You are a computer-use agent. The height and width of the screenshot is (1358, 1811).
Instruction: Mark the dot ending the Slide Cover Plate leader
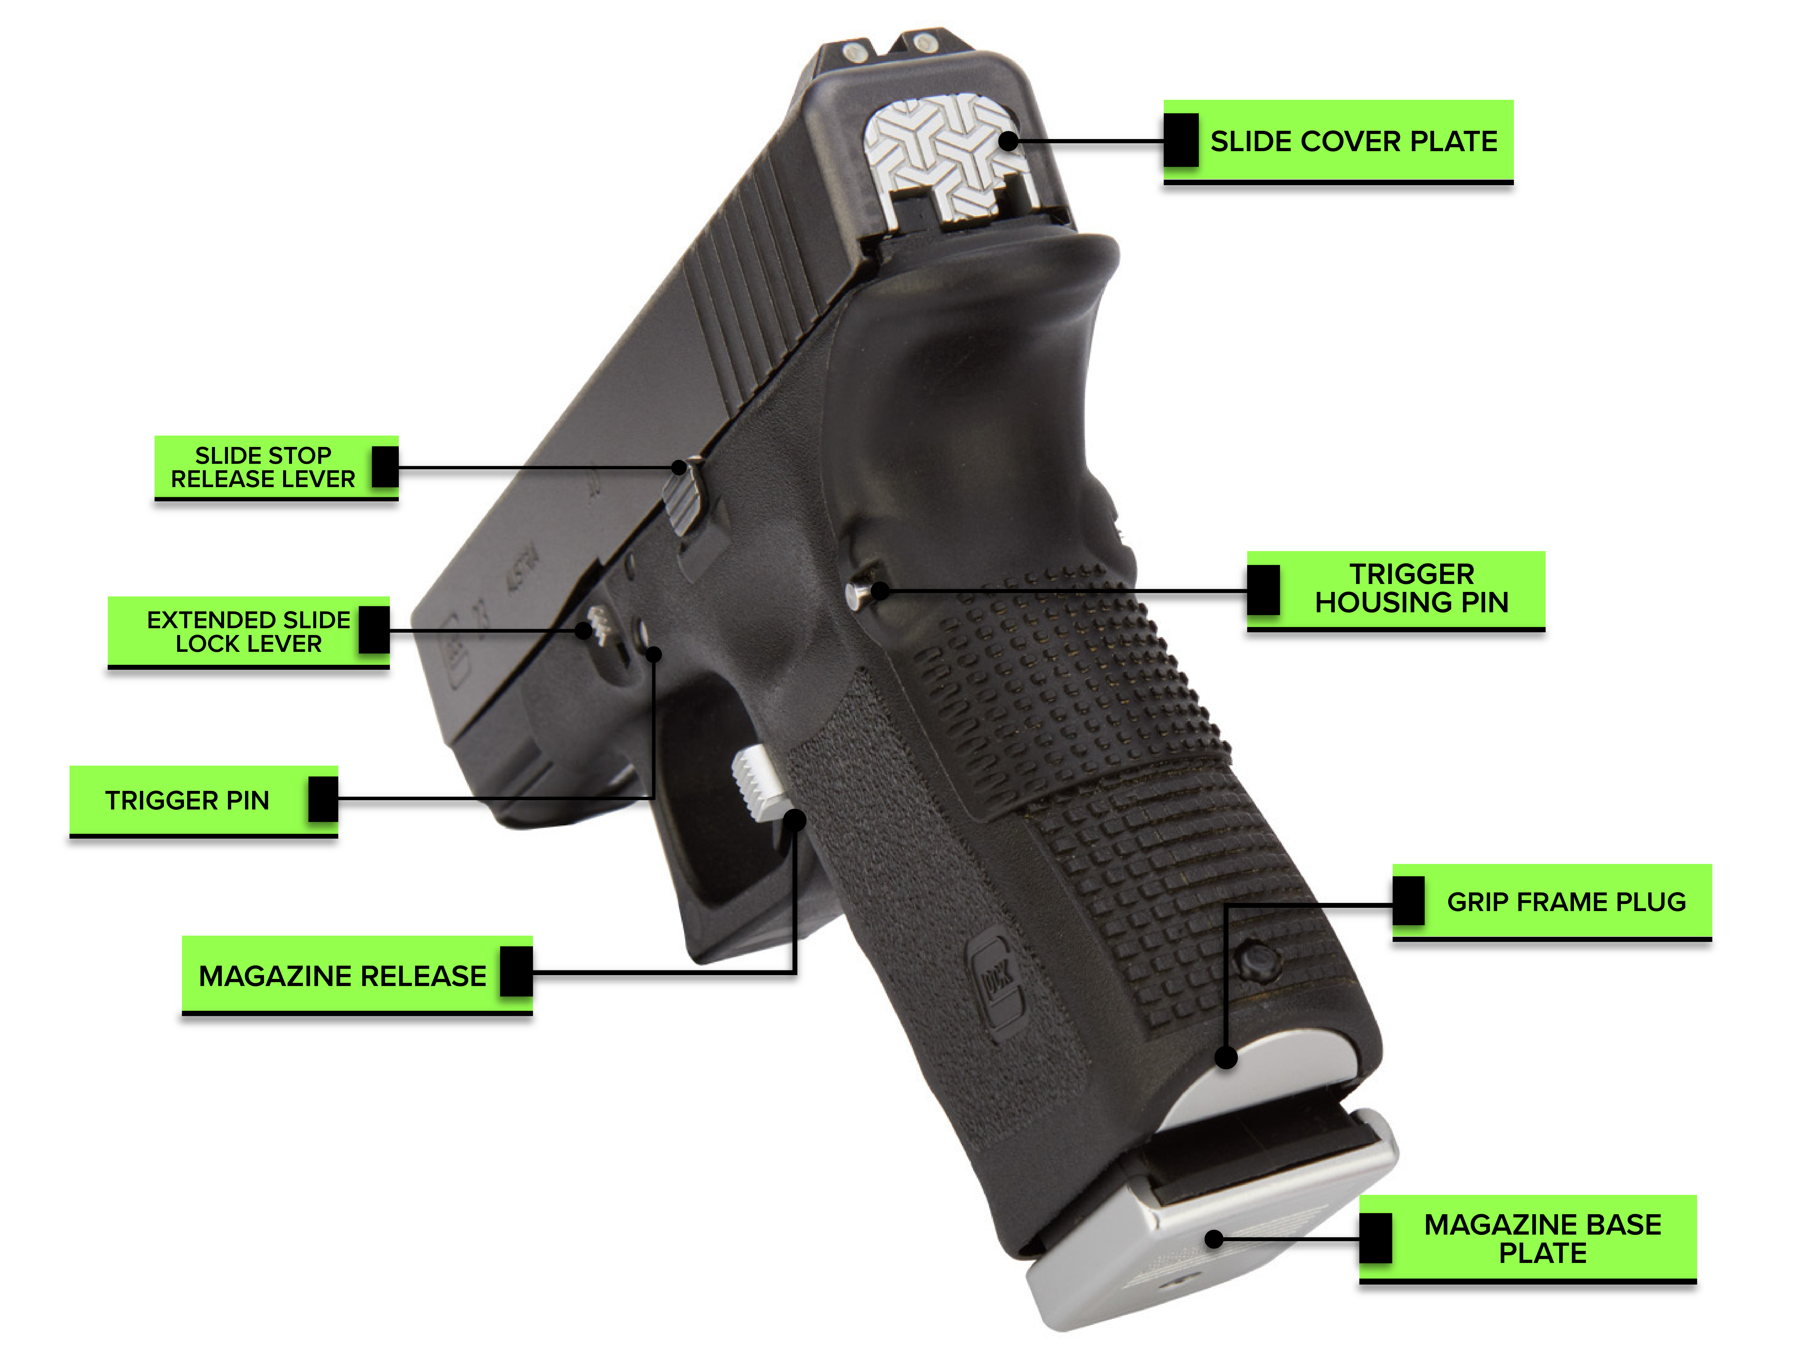[x=1009, y=141]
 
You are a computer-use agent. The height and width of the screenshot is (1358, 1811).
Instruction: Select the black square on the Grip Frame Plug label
[x=1408, y=901]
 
